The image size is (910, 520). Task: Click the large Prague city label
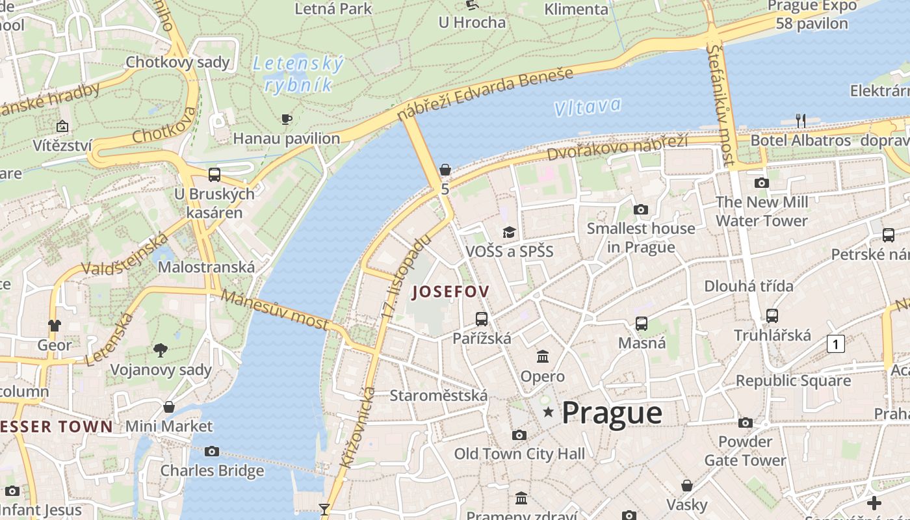[x=612, y=413]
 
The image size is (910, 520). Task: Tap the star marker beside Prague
[x=549, y=412]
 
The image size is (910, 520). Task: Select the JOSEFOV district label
[x=450, y=292]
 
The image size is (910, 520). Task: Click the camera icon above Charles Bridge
[x=212, y=451]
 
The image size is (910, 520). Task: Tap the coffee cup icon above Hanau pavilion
[x=286, y=119]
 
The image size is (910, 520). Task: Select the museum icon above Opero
[x=543, y=356]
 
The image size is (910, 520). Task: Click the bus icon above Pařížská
[x=481, y=318]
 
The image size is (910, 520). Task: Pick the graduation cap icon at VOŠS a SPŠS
[x=509, y=232]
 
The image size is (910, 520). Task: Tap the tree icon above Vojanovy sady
[x=161, y=350]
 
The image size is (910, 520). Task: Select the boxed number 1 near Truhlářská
[x=835, y=344]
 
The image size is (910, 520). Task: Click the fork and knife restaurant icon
[x=801, y=120]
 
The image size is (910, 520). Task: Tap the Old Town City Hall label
[x=519, y=454]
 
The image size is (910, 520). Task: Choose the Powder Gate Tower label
[x=745, y=451]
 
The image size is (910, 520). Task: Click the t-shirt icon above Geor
[x=55, y=325]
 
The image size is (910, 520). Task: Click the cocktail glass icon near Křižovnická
[x=324, y=509]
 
